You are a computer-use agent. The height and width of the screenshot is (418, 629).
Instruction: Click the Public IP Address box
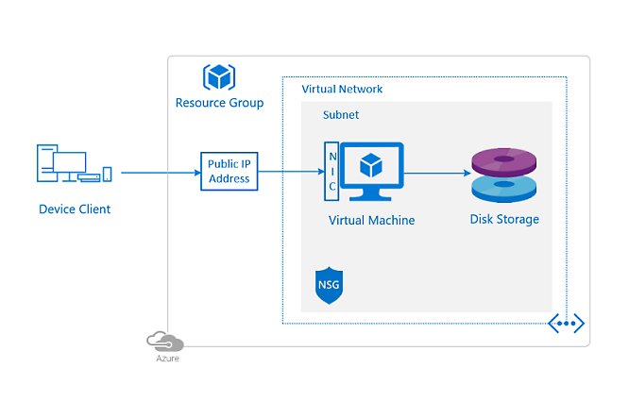[229, 171]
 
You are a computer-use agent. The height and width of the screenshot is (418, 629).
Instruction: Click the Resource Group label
[219, 102]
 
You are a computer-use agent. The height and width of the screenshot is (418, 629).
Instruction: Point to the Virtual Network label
[342, 89]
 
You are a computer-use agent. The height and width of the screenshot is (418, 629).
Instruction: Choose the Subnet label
[341, 114]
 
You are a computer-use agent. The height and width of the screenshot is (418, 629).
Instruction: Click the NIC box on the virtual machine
[331, 172]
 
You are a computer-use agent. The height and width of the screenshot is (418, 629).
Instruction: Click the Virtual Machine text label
[371, 220]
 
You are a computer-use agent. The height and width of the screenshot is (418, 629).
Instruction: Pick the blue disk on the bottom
[504, 189]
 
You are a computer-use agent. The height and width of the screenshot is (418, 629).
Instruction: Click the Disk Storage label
[504, 219]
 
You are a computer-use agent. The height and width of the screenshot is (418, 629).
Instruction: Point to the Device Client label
[75, 209]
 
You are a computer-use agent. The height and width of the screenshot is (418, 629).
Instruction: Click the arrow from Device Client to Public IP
[161, 172]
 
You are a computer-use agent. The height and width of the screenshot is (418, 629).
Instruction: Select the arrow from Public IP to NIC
[289, 172]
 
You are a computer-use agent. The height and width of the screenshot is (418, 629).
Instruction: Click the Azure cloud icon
[165, 341]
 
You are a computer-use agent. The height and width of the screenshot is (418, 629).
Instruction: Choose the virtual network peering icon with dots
[566, 324]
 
